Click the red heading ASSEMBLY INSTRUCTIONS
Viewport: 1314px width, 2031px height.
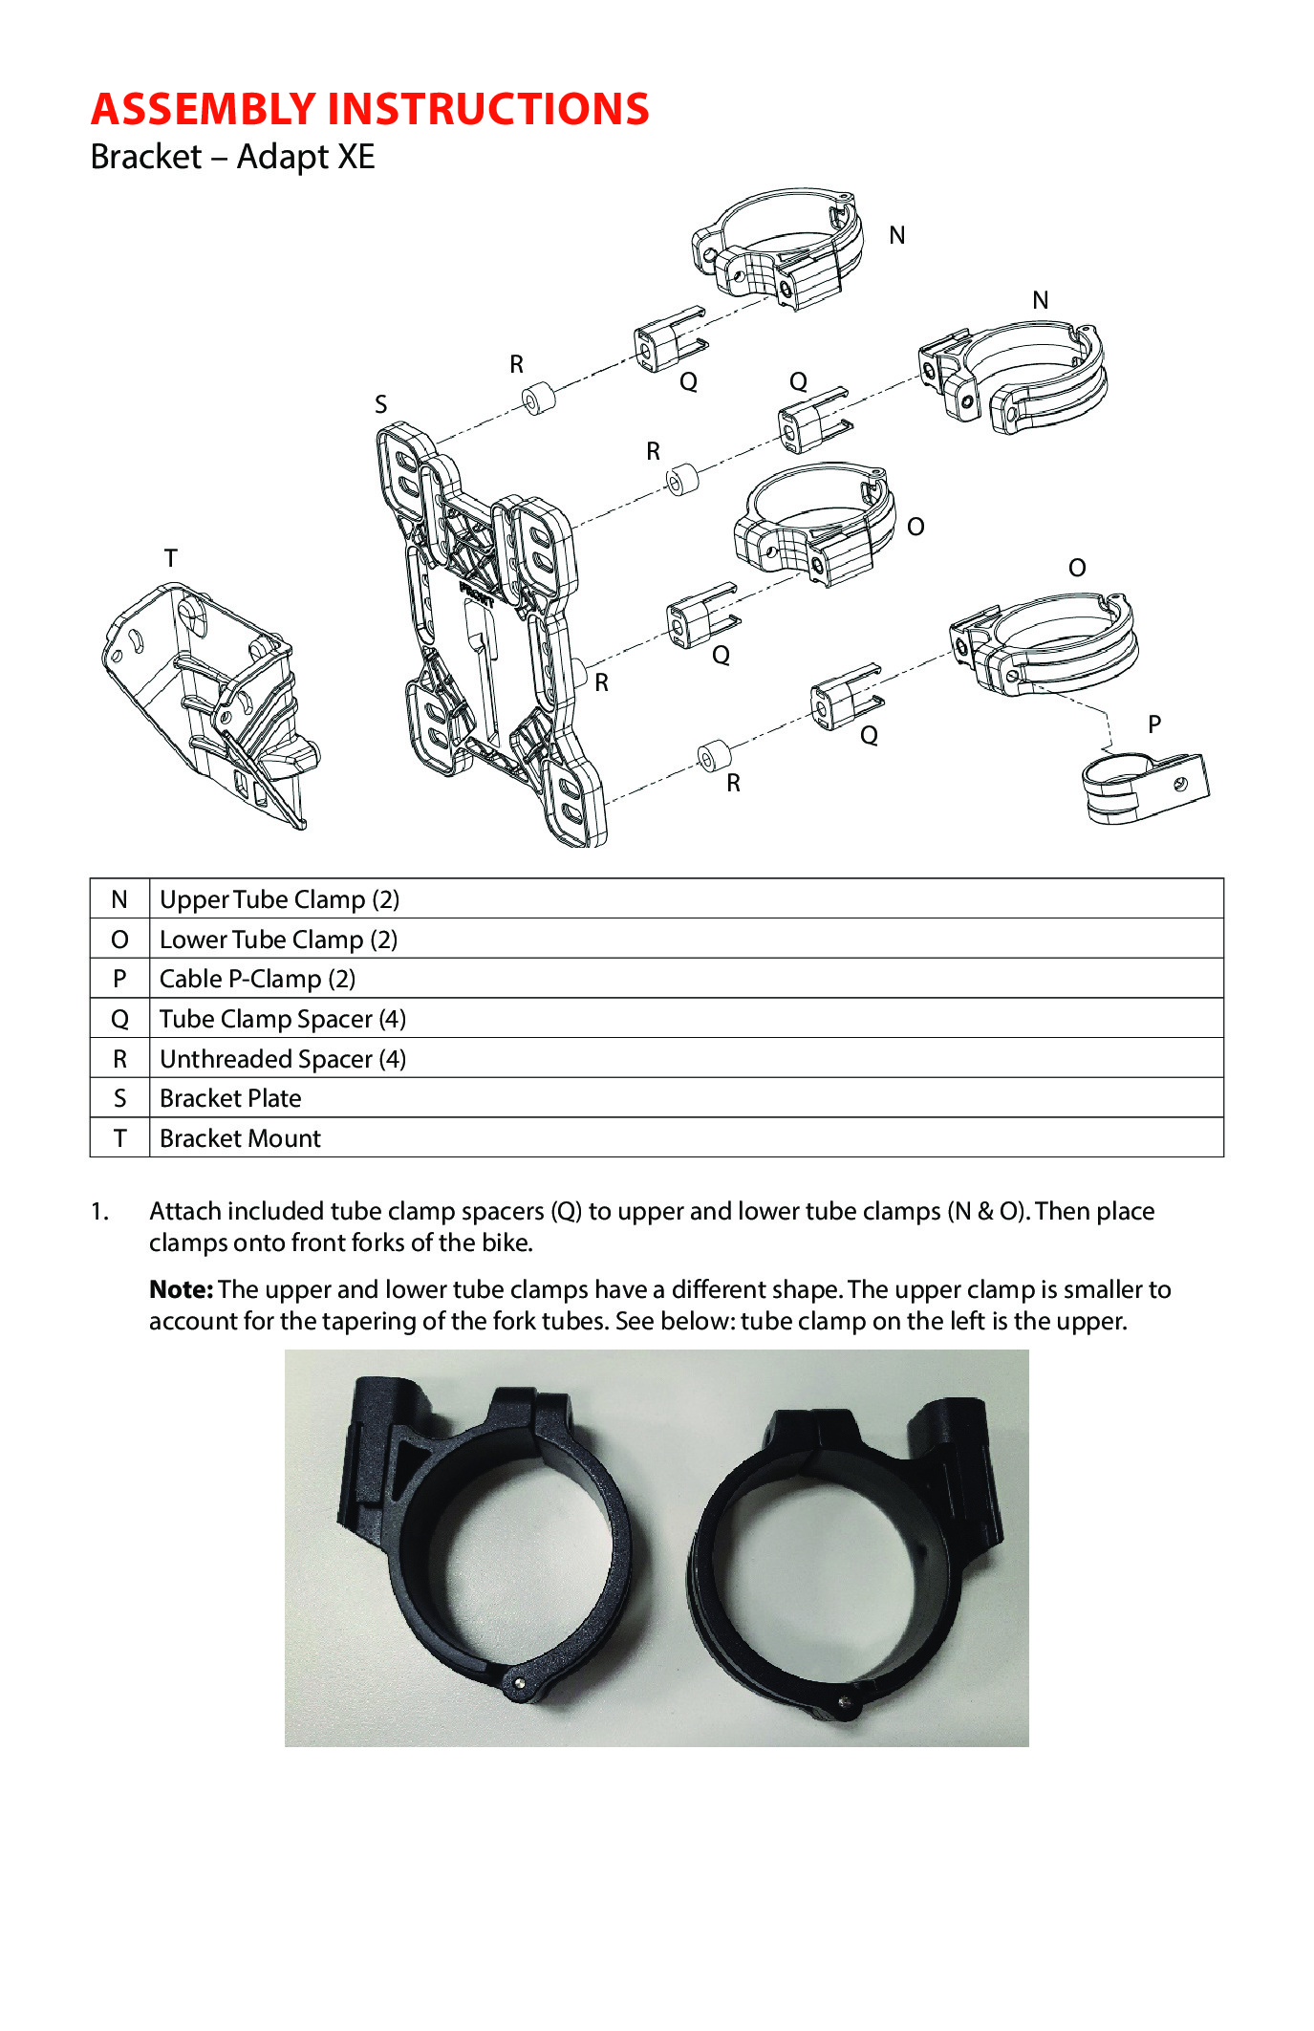(x=370, y=109)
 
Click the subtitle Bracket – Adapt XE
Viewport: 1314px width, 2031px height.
(x=232, y=157)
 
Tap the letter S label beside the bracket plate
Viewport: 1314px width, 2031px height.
(x=381, y=404)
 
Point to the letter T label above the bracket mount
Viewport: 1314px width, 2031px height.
(x=171, y=558)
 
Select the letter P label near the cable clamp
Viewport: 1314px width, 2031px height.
(x=1154, y=724)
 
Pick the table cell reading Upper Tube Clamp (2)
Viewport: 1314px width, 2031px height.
(x=279, y=899)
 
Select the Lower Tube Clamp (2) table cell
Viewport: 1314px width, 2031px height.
(x=278, y=940)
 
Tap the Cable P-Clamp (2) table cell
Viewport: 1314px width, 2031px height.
(x=257, y=979)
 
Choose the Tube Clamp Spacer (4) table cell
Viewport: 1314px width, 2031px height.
(x=282, y=1019)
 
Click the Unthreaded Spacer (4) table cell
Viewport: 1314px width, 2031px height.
(x=282, y=1059)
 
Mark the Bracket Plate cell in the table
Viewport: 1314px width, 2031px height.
(x=230, y=1098)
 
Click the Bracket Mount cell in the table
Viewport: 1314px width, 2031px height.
(x=240, y=1138)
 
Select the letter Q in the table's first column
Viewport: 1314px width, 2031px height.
(x=119, y=1019)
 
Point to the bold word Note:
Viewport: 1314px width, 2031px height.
(x=181, y=1289)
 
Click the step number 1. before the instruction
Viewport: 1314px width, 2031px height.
(x=100, y=1212)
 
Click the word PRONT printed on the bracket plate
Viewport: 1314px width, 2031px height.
(x=477, y=594)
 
